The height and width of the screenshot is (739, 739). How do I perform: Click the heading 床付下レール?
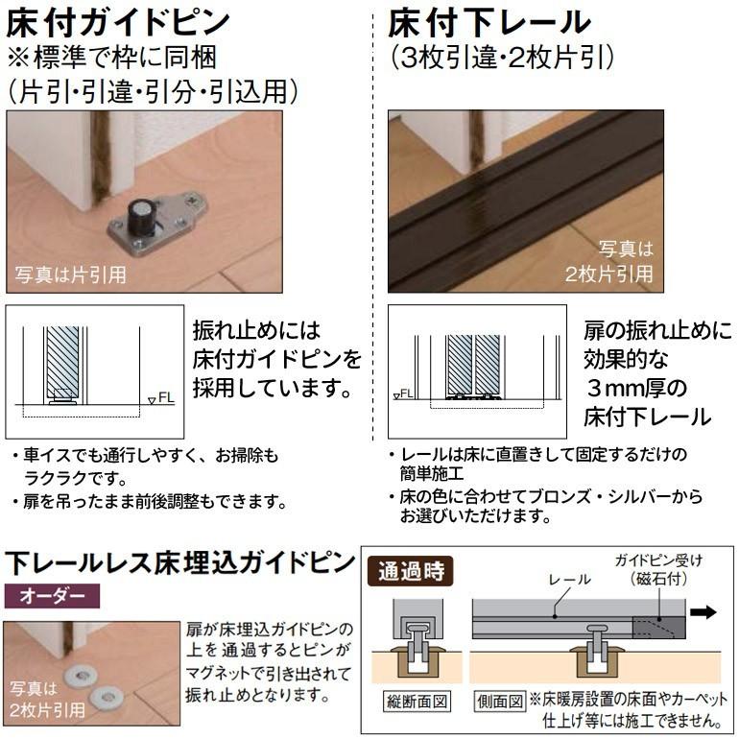[489, 22]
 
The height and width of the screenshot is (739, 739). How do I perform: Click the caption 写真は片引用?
[70, 275]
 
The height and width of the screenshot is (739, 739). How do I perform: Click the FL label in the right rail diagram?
[404, 393]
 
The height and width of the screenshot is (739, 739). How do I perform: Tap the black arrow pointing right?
[706, 611]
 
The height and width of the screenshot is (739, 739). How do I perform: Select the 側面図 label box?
[500, 702]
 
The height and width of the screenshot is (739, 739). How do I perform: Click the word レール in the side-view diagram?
[569, 580]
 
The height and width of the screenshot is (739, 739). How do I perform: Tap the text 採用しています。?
[271, 389]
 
